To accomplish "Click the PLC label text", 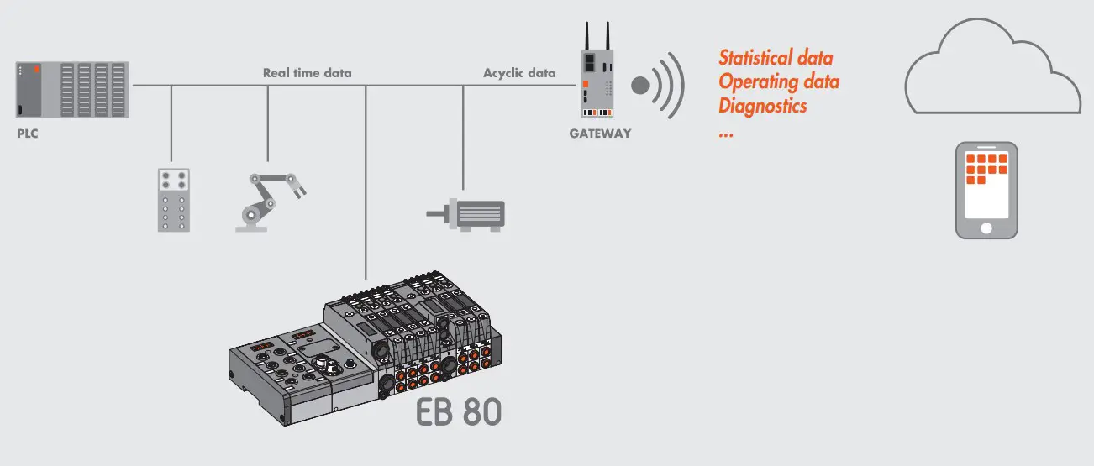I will [x=28, y=134].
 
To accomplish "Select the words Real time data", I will [x=308, y=73].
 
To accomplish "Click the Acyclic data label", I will [x=519, y=73].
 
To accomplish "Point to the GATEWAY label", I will [x=600, y=134].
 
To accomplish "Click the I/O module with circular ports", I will [x=173, y=199].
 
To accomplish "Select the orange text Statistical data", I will [x=776, y=58].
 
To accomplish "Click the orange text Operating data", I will [x=779, y=82].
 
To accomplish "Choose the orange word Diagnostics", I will [x=763, y=106].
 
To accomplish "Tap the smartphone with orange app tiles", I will [x=986, y=190].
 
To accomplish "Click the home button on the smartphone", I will [x=986, y=228].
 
